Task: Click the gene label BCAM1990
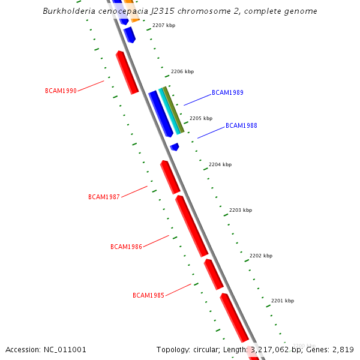click(61, 91)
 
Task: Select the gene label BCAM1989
click(227, 93)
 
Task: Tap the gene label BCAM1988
click(241, 126)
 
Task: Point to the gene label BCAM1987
click(104, 197)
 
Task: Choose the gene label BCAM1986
click(126, 247)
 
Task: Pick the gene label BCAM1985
click(148, 295)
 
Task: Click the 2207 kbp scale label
click(164, 26)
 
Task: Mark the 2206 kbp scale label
click(182, 71)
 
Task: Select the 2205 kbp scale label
click(201, 118)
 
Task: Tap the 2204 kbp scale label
click(220, 164)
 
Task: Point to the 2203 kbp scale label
click(241, 210)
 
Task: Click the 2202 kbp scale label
click(261, 256)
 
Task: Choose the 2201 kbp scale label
click(283, 301)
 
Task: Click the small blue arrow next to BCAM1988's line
click(174, 146)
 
